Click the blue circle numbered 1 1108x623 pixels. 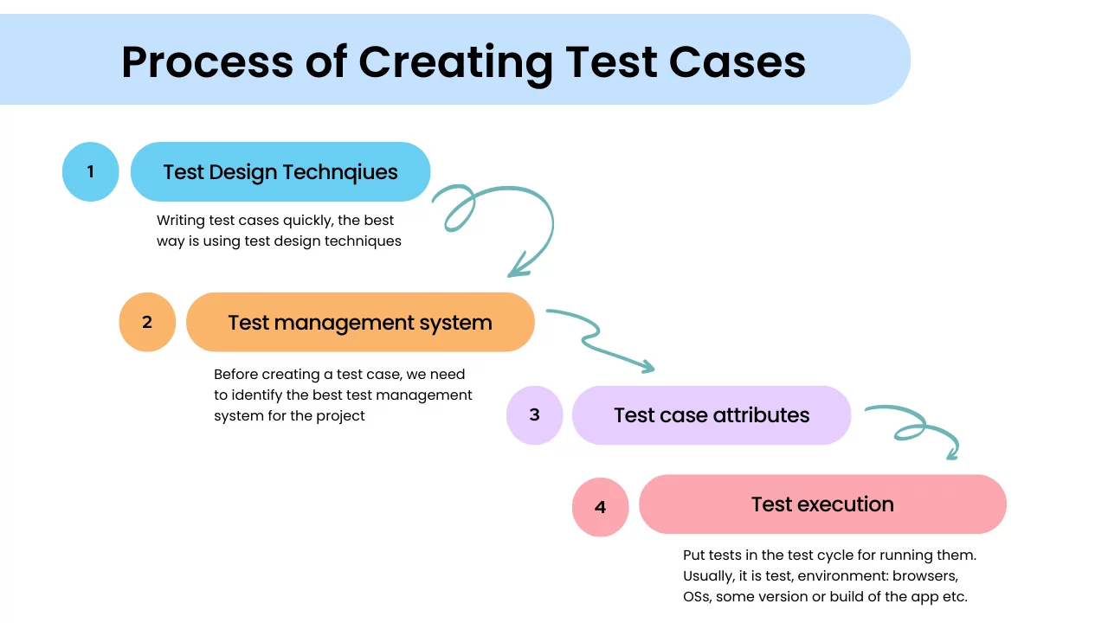[91, 171]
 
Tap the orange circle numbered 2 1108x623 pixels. [147, 322]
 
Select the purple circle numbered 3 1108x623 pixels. [534, 414]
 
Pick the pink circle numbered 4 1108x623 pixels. [600, 507]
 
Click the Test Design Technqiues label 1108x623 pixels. [280, 172]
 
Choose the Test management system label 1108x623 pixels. [360, 323]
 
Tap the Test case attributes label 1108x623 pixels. [712, 415]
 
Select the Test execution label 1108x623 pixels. [822, 504]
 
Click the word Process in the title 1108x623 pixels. [207, 61]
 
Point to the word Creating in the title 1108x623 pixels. [455, 64]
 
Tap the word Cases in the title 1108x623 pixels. [737, 62]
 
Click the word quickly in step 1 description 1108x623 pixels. [307, 221]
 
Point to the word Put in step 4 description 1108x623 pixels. [694, 556]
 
